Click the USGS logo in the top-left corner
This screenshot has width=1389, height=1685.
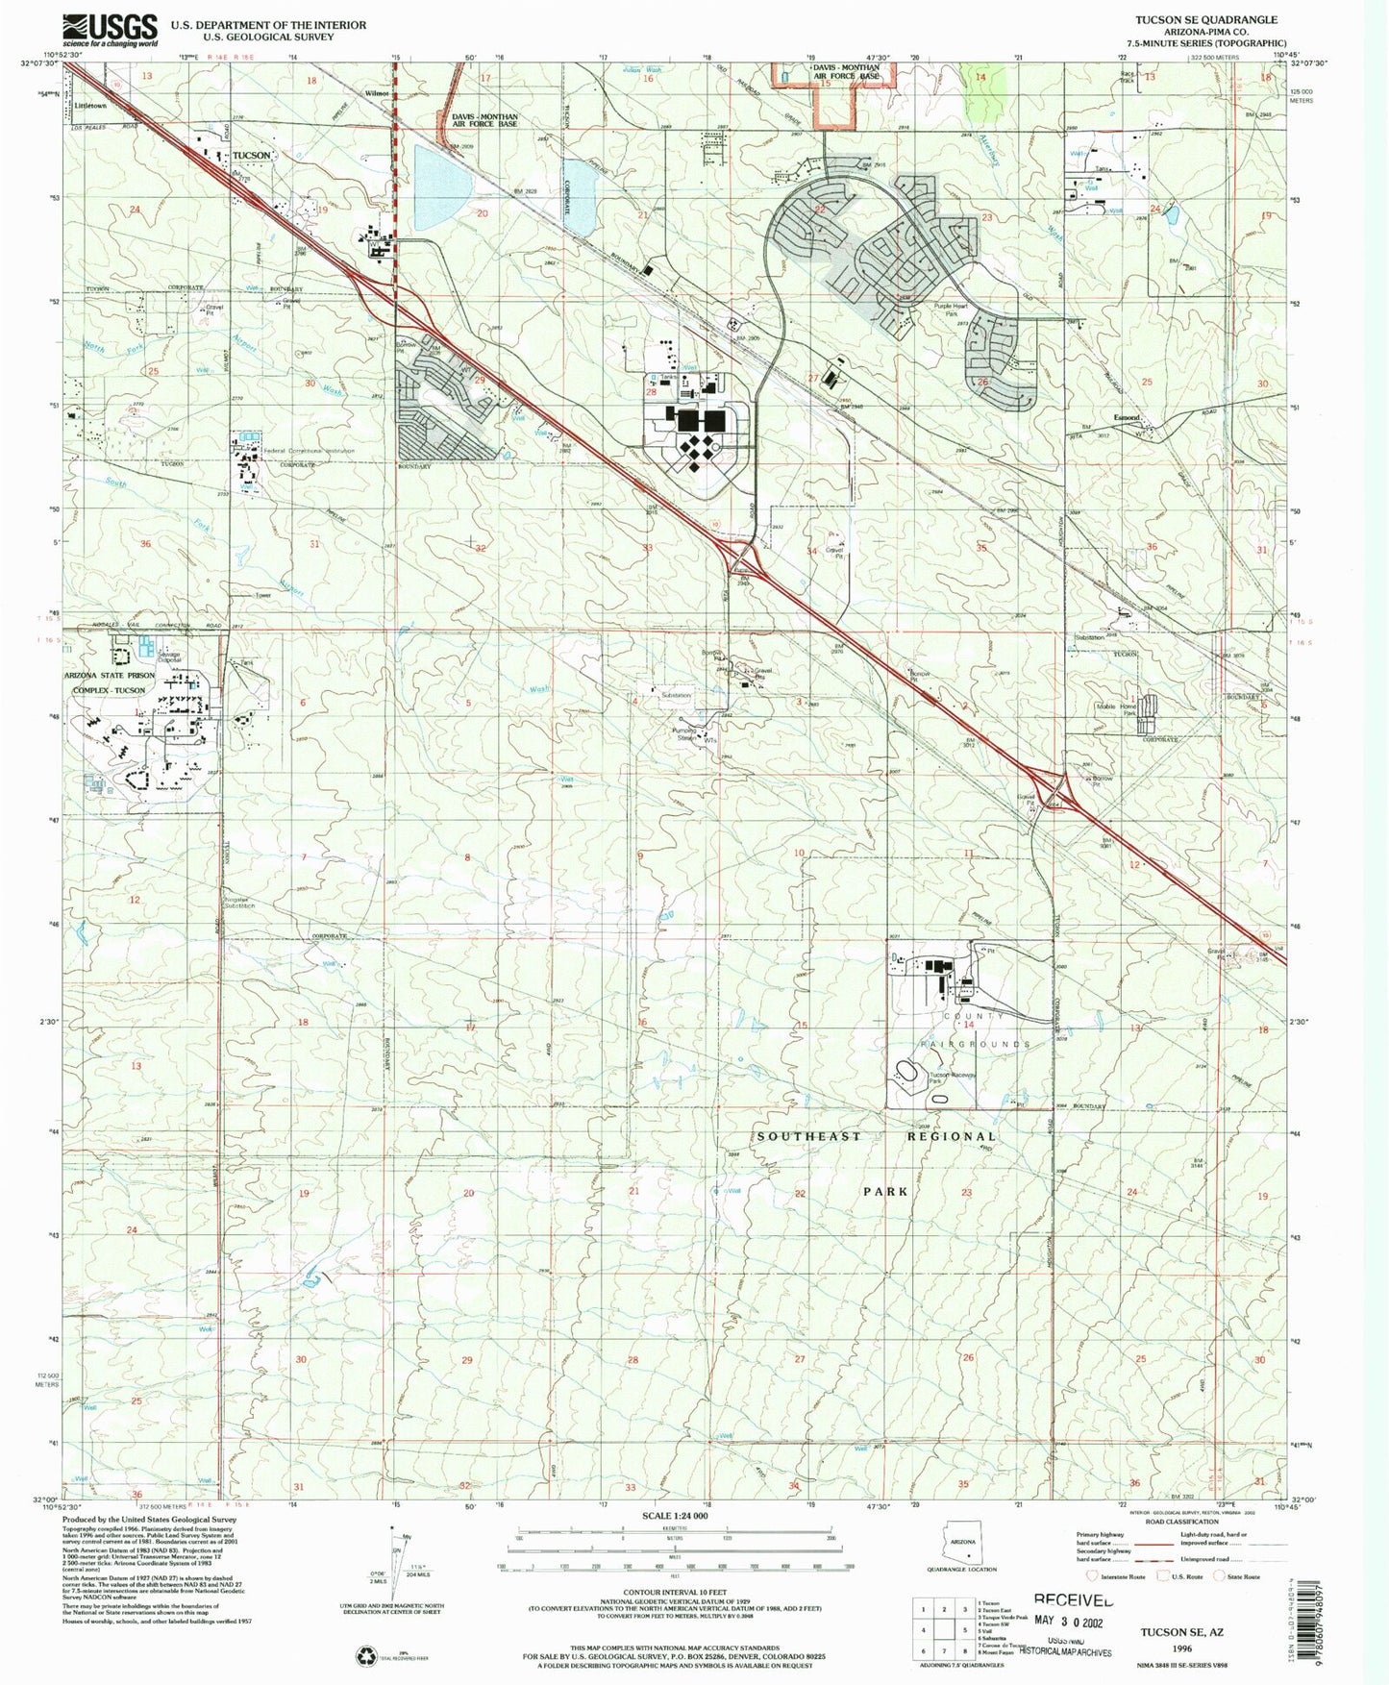pyautogui.click(x=110, y=30)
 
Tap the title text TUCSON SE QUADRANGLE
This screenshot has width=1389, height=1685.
pyautogui.click(x=1219, y=19)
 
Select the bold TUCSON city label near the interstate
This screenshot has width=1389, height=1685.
pyautogui.click(x=251, y=155)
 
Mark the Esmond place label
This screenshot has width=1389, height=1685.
pyautogui.click(x=1126, y=417)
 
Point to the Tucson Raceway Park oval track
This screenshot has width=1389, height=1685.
pyautogui.click(x=907, y=1072)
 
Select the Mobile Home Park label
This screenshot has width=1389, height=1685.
pyautogui.click(x=1118, y=710)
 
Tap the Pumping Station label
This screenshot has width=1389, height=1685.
pyautogui.click(x=683, y=733)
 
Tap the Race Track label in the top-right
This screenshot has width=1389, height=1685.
pyautogui.click(x=1128, y=76)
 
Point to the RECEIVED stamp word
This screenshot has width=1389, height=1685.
pyautogui.click(x=1074, y=1600)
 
